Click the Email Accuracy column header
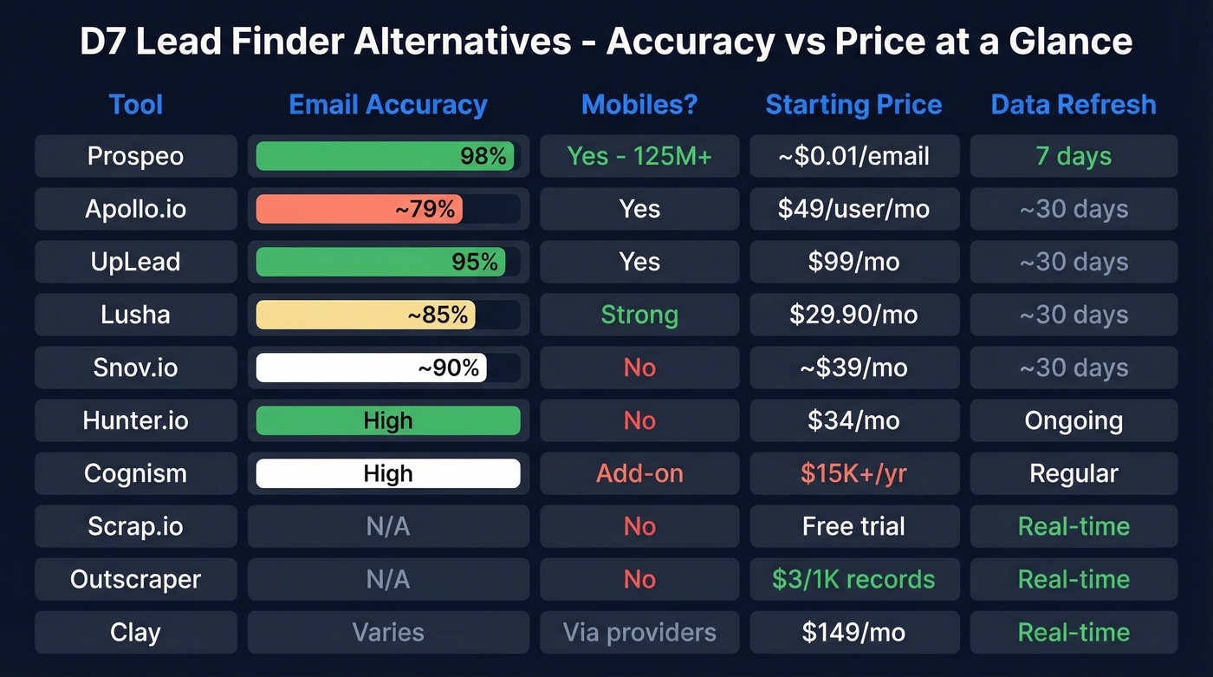coord(388,105)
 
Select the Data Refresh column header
coord(1074,105)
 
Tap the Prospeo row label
coord(136,156)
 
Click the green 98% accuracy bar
coord(386,156)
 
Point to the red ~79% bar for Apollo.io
coord(360,209)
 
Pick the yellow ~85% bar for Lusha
coord(366,315)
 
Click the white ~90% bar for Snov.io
coord(371,368)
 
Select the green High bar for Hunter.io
coord(388,420)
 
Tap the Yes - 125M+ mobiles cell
coord(639,156)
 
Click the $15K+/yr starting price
coord(853,473)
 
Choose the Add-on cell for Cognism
coord(639,473)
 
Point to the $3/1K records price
coord(853,579)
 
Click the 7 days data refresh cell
coord(1074,156)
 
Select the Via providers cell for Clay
coord(639,632)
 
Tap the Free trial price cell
coord(853,526)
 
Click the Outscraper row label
coord(136,579)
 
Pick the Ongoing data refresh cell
coord(1074,420)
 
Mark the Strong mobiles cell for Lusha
coord(639,315)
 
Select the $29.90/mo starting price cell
coord(853,315)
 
